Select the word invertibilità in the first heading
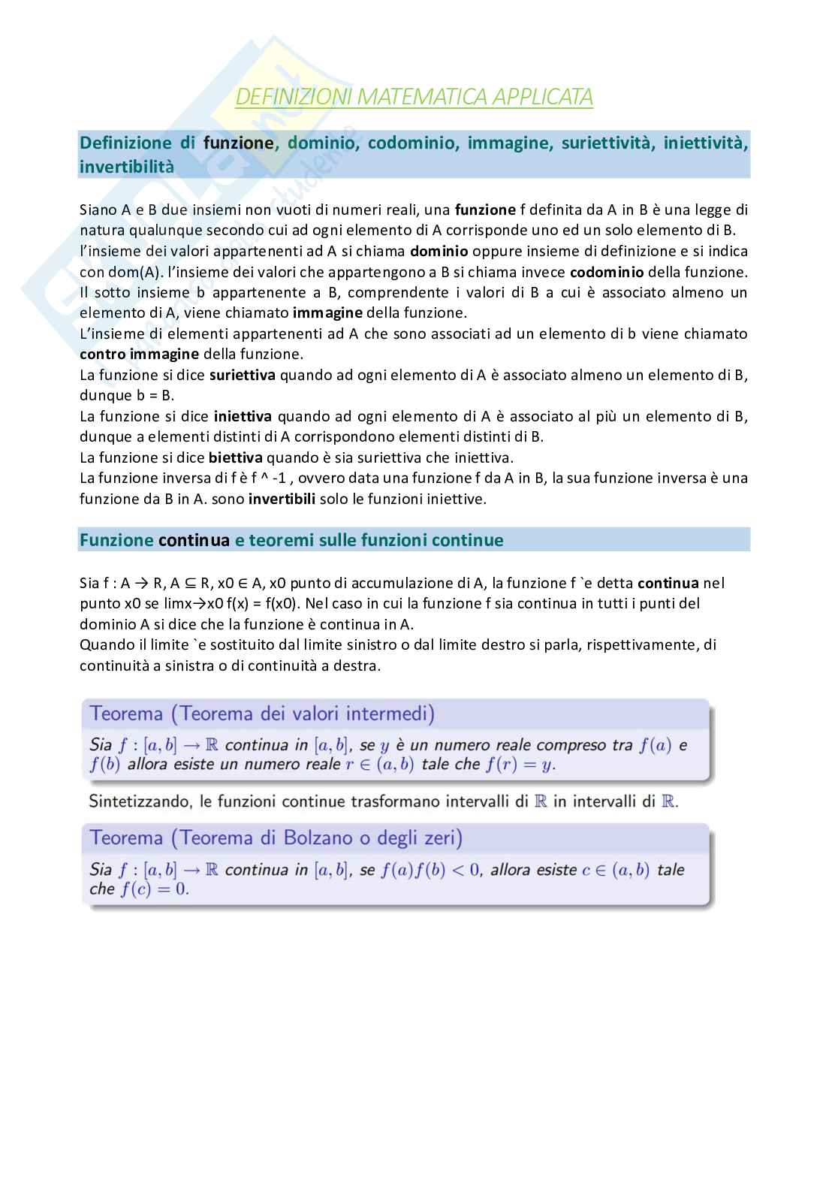click(127, 167)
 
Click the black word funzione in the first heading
click(238, 143)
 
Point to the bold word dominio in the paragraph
click(439, 251)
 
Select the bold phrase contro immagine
click(140, 354)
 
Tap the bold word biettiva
click(236, 457)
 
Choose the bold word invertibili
click(282, 499)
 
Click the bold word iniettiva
click(243, 416)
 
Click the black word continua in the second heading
click(194, 540)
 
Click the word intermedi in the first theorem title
click(390, 714)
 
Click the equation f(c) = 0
click(155, 889)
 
